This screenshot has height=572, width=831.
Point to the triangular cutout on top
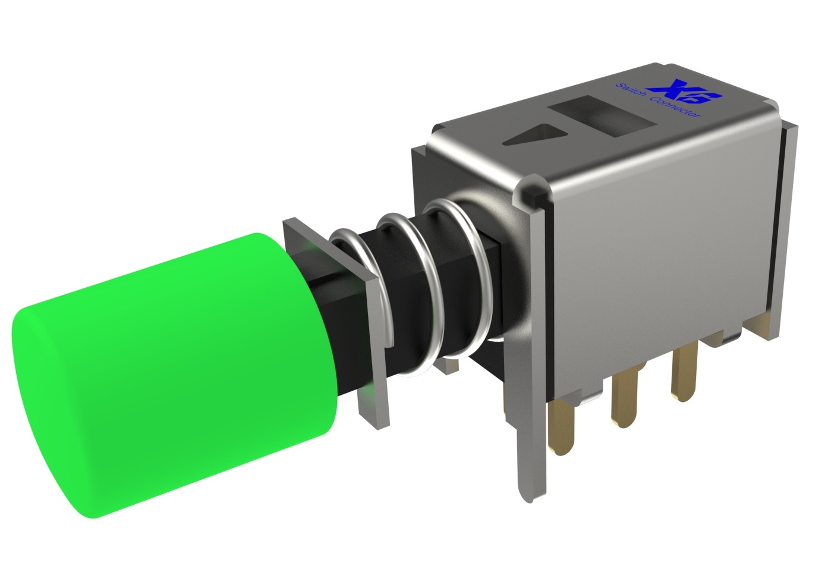click(535, 135)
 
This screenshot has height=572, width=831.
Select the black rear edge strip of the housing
click(787, 238)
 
